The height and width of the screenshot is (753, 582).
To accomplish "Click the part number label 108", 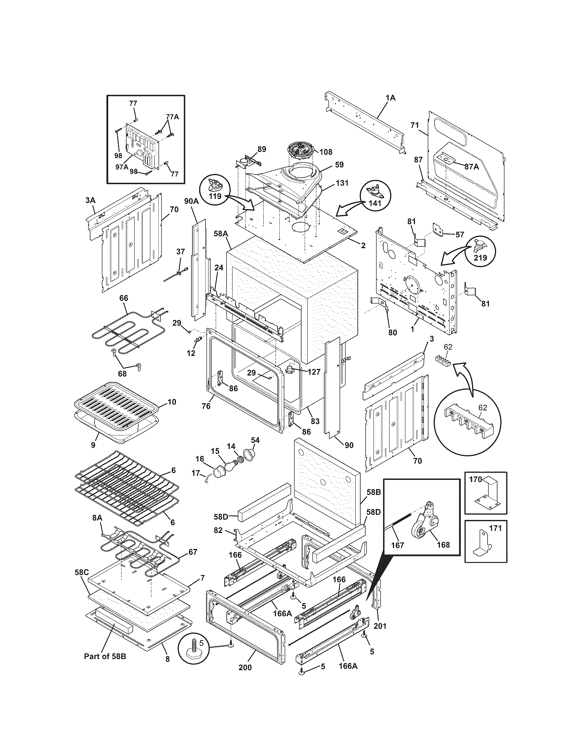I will [x=326, y=152].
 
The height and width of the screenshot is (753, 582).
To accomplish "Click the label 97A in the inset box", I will [x=122, y=167].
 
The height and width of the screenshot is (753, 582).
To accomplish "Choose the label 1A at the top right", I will [x=391, y=98].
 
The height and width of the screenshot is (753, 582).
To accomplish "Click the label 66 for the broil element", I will [x=124, y=297].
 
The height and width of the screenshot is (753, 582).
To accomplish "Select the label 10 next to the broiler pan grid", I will [x=172, y=402].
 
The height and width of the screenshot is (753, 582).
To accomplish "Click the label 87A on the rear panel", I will [x=471, y=167].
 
